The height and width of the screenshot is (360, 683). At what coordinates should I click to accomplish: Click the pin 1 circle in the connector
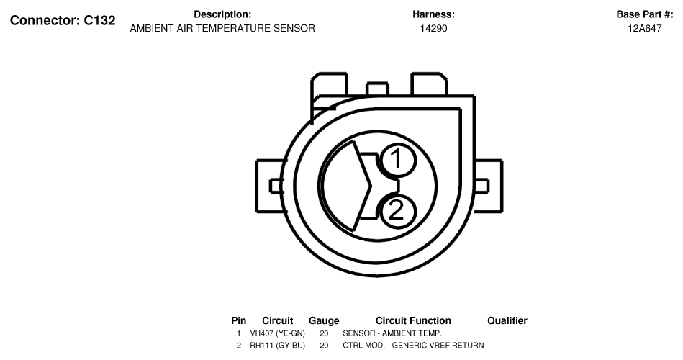397,160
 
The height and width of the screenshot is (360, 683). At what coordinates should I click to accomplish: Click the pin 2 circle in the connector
397,212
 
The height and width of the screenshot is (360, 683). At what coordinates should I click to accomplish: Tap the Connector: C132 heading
63,20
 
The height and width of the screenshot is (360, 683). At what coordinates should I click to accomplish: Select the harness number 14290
433,28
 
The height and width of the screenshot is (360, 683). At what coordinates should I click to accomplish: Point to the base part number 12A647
645,28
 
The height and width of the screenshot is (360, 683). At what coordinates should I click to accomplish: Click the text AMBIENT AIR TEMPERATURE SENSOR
222,28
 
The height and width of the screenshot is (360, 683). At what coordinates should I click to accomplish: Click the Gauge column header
324,321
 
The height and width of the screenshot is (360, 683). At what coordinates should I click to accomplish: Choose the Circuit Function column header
413,321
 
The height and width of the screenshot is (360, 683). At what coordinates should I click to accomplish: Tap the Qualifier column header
507,321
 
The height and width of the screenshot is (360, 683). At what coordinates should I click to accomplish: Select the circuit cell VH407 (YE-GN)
278,333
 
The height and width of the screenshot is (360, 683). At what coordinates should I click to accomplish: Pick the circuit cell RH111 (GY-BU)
278,345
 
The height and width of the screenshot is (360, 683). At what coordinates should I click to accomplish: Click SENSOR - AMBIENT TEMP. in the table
392,333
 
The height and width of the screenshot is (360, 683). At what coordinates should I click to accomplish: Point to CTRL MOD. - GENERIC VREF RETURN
413,345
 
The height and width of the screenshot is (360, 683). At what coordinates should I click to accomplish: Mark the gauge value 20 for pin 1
324,333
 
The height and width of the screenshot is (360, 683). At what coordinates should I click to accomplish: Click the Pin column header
239,321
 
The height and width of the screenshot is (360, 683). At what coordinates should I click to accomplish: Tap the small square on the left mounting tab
276,186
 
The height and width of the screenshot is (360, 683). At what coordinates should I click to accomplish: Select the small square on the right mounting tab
481,186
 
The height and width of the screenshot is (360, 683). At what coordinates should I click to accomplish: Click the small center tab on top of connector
378,89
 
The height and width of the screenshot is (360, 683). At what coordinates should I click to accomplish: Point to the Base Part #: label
645,14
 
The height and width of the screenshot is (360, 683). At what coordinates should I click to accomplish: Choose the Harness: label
433,14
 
